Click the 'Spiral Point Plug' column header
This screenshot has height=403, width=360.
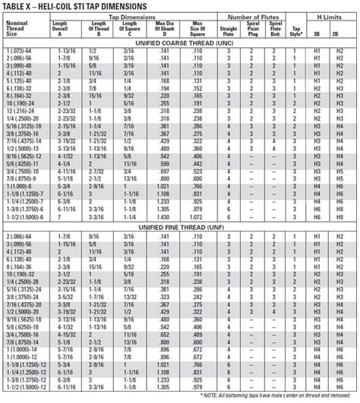(254, 32)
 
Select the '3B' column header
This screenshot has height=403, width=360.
(317, 35)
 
